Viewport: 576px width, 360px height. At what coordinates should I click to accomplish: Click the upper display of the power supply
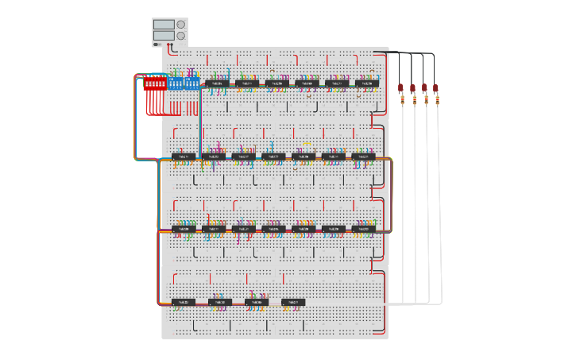[164, 25]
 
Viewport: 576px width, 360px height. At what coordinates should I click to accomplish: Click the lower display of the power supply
[164, 36]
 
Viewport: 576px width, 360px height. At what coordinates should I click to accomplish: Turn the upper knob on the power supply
[181, 25]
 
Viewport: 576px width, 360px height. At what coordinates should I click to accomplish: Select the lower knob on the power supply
[181, 36]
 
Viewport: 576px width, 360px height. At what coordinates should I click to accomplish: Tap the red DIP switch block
[154, 83]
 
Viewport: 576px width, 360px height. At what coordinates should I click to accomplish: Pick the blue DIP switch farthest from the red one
[193, 83]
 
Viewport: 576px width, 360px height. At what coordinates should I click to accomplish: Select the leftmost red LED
[401, 88]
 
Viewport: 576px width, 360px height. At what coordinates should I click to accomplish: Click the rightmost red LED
[435, 88]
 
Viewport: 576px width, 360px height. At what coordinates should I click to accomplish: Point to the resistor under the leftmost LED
[401, 100]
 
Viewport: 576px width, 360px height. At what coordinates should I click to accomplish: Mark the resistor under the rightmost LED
[435, 100]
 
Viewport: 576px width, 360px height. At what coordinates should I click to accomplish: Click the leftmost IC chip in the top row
[217, 83]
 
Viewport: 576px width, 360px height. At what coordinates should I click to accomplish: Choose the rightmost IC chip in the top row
[366, 83]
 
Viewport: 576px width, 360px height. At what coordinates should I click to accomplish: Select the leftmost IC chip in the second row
[184, 157]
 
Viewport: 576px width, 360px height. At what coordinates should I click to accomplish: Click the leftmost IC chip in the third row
[184, 229]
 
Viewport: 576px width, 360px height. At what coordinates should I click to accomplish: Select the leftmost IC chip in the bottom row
[184, 302]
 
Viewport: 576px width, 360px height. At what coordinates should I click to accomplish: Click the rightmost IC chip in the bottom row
[293, 302]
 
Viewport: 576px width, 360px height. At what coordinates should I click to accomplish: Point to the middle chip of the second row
[273, 157]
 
